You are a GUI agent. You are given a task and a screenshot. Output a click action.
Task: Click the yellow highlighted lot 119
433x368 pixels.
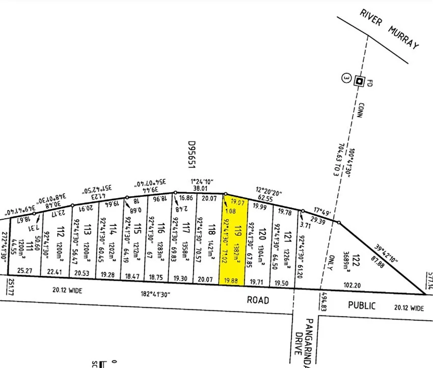(x=232, y=240)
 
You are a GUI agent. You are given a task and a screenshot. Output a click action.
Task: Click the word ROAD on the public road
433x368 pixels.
(x=258, y=300)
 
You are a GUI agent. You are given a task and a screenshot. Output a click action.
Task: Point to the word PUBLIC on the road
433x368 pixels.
(x=362, y=306)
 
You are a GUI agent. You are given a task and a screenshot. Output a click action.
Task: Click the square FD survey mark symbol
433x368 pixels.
(x=359, y=81)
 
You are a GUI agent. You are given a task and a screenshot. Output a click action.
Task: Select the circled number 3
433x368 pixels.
(x=346, y=78)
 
